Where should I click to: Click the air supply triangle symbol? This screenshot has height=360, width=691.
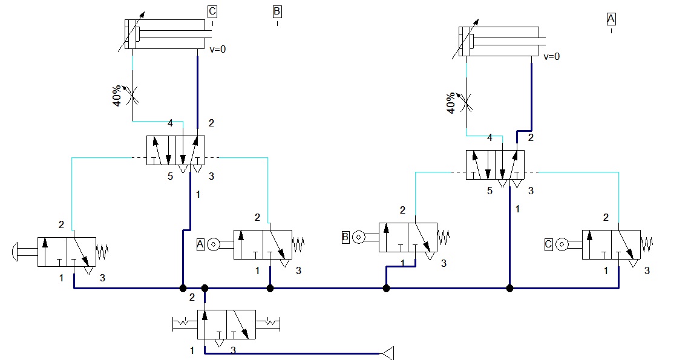point(387,353)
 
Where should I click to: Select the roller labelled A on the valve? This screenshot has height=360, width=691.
point(212,244)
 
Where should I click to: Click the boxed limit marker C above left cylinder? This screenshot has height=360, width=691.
point(212,11)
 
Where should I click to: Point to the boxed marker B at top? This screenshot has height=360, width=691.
point(277,11)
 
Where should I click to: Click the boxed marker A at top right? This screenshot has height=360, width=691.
point(611,19)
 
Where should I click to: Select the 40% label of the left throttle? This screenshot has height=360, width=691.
point(117,96)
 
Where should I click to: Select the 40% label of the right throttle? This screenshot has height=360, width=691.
point(451,103)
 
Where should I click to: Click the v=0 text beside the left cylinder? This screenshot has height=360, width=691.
point(217,50)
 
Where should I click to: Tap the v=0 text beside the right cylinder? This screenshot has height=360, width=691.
point(552,57)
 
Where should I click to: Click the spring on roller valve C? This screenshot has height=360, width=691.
point(647,244)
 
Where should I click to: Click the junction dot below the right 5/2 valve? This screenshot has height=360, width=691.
point(509,288)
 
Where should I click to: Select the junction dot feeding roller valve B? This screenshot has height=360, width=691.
point(386,288)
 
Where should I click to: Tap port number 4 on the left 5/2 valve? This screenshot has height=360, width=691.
point(171,123)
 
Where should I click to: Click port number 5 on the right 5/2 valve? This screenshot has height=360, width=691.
point(490,191)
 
